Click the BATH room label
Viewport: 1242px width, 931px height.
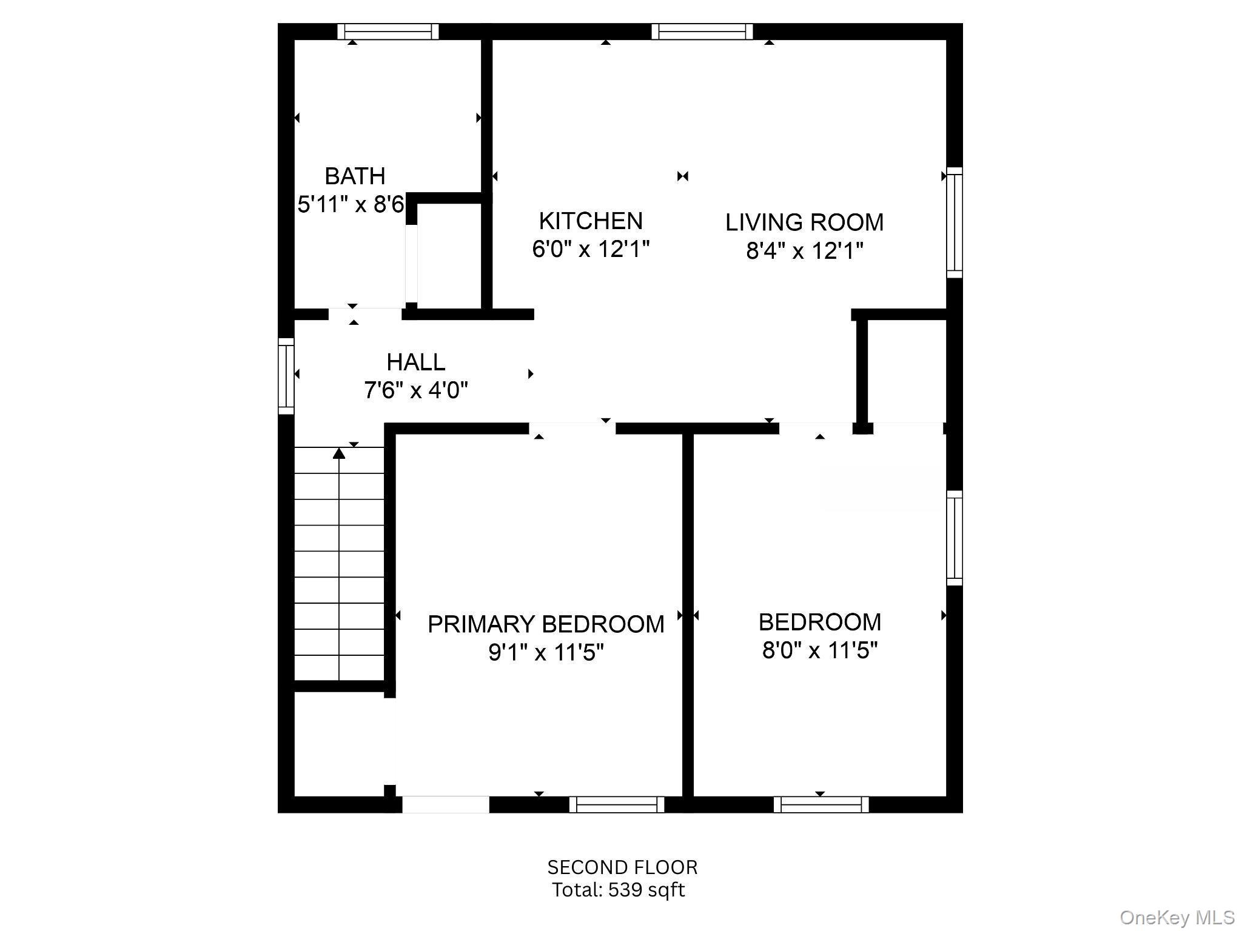pyautogui.click(x=355, y=176)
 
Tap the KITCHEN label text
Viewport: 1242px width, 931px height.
pyautogui.click(x=591, y=221)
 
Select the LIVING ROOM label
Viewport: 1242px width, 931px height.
pyautogui.click(x=804, y=222)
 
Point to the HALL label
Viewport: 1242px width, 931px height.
pyautogui.click(x=416, y=362)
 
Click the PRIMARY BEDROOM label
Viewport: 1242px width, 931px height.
pyautogui.click(x=546, y=624)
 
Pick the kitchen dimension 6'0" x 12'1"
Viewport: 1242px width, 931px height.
pyautogui.click(x=591, y=249)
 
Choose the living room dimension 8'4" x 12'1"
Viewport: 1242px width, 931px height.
pyautogui.click(x=804, y=250)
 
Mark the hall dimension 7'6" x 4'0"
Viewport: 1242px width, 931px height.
pyautogui.click(x=416, y=390)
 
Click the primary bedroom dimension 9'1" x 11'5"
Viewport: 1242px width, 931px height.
pyautogui.click(x=546, y=653)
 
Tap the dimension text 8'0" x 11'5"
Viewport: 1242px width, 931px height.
pyautogui.click(x=820, y=650)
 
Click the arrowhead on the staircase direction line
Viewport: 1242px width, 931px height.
pyautogui.click(x=339, y=453)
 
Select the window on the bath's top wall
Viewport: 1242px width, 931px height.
pyautogui.click(x=388, y=32)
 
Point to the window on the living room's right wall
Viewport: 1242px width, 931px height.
pyautogui.click(x=955, y=222)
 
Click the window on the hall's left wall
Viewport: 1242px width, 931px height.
pyautogui.click(x=286, y=376)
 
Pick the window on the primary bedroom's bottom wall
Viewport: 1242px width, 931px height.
pyautogui.click(x=617, y=804)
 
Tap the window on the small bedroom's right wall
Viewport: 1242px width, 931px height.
pyautogui.click(x=955, y=538)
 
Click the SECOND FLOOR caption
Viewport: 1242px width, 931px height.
pyautogui.click(x=622, y=867)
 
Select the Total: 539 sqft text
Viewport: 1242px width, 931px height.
pyautogui.click(x=618, y=890)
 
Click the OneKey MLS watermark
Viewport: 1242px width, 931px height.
pyautogui.click(x=1177, y=918)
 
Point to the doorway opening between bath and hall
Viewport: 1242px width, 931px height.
pyautogui.click(x=364, y=314)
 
